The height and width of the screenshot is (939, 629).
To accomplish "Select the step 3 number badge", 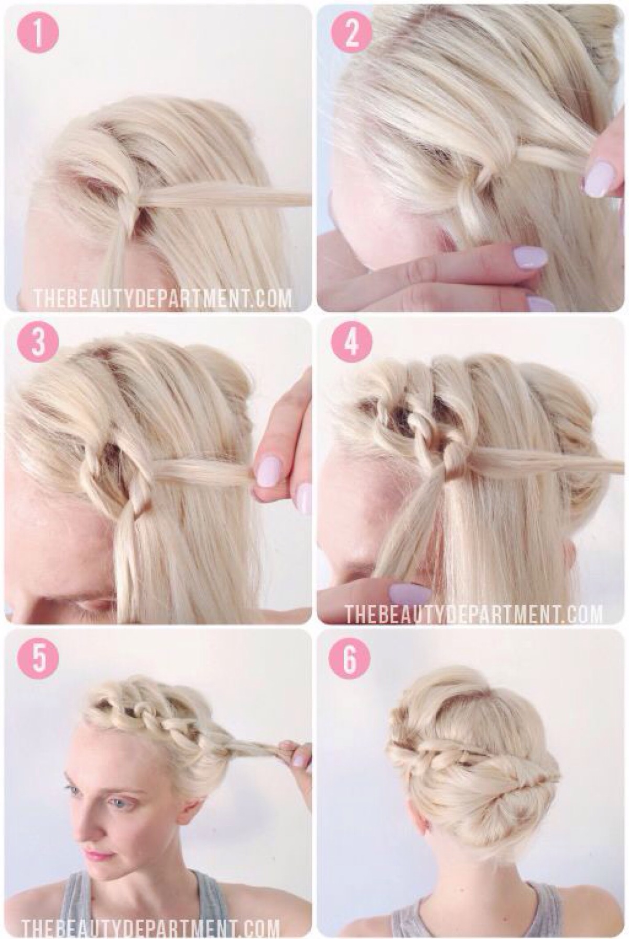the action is (37, 343).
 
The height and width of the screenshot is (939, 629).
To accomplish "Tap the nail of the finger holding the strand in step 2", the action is (595, 179).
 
